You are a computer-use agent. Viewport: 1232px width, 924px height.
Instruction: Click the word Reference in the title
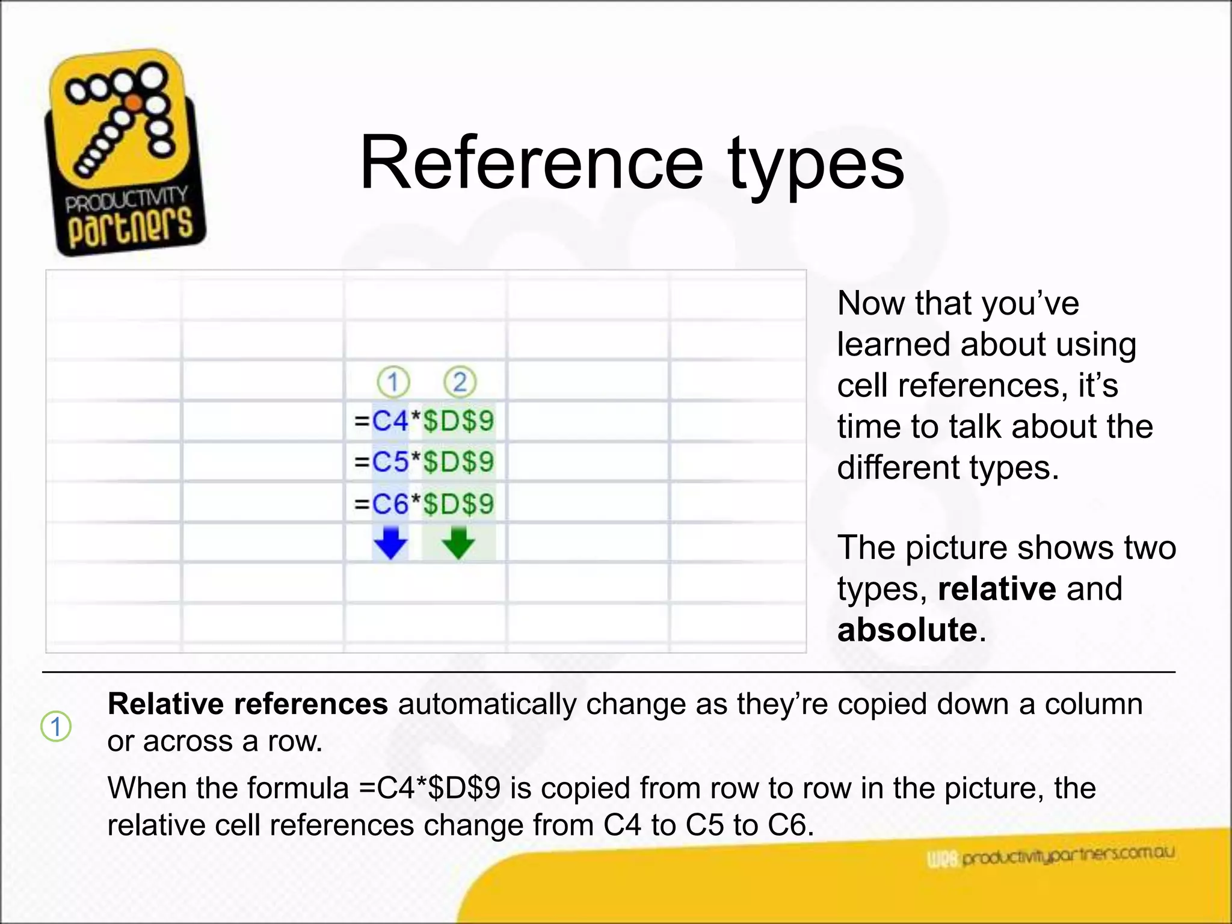531,162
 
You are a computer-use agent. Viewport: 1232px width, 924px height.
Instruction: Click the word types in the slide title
816,165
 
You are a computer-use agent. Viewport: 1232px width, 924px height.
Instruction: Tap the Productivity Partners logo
125,154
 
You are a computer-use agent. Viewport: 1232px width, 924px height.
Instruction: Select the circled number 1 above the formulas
393,382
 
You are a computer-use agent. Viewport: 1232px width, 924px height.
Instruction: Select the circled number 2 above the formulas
460,382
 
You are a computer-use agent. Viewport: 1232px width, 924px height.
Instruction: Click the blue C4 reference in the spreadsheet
390,420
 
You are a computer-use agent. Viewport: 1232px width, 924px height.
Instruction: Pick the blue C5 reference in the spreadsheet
390,462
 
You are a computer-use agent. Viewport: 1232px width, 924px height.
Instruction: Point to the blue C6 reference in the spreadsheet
390,504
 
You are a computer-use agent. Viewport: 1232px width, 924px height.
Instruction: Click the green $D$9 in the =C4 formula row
458,420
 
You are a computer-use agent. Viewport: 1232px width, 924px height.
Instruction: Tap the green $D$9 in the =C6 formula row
458,504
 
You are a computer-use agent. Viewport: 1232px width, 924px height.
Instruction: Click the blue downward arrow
391,543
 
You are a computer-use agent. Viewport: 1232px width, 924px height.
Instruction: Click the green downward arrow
458,543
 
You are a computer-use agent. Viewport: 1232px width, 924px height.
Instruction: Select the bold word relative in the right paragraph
997,588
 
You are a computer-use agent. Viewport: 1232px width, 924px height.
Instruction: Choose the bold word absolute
907,630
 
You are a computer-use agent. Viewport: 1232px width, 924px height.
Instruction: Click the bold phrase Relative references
247,704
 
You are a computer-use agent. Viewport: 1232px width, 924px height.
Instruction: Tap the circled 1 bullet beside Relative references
56,727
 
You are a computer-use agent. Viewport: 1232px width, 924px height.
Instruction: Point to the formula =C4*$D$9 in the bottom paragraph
429,788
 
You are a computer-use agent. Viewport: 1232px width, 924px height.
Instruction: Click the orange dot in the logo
134,103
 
